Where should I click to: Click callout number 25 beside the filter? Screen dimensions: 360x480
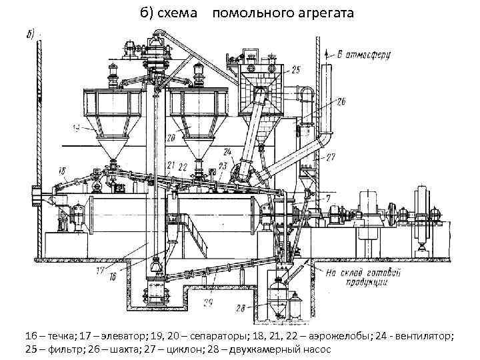click(x=295, y=69)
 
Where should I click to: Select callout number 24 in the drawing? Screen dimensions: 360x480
click(x=228, y=151)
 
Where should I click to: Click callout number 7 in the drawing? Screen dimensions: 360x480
click(x=328, y=197)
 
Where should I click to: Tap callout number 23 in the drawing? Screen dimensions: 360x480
click(x=222, y=166)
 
